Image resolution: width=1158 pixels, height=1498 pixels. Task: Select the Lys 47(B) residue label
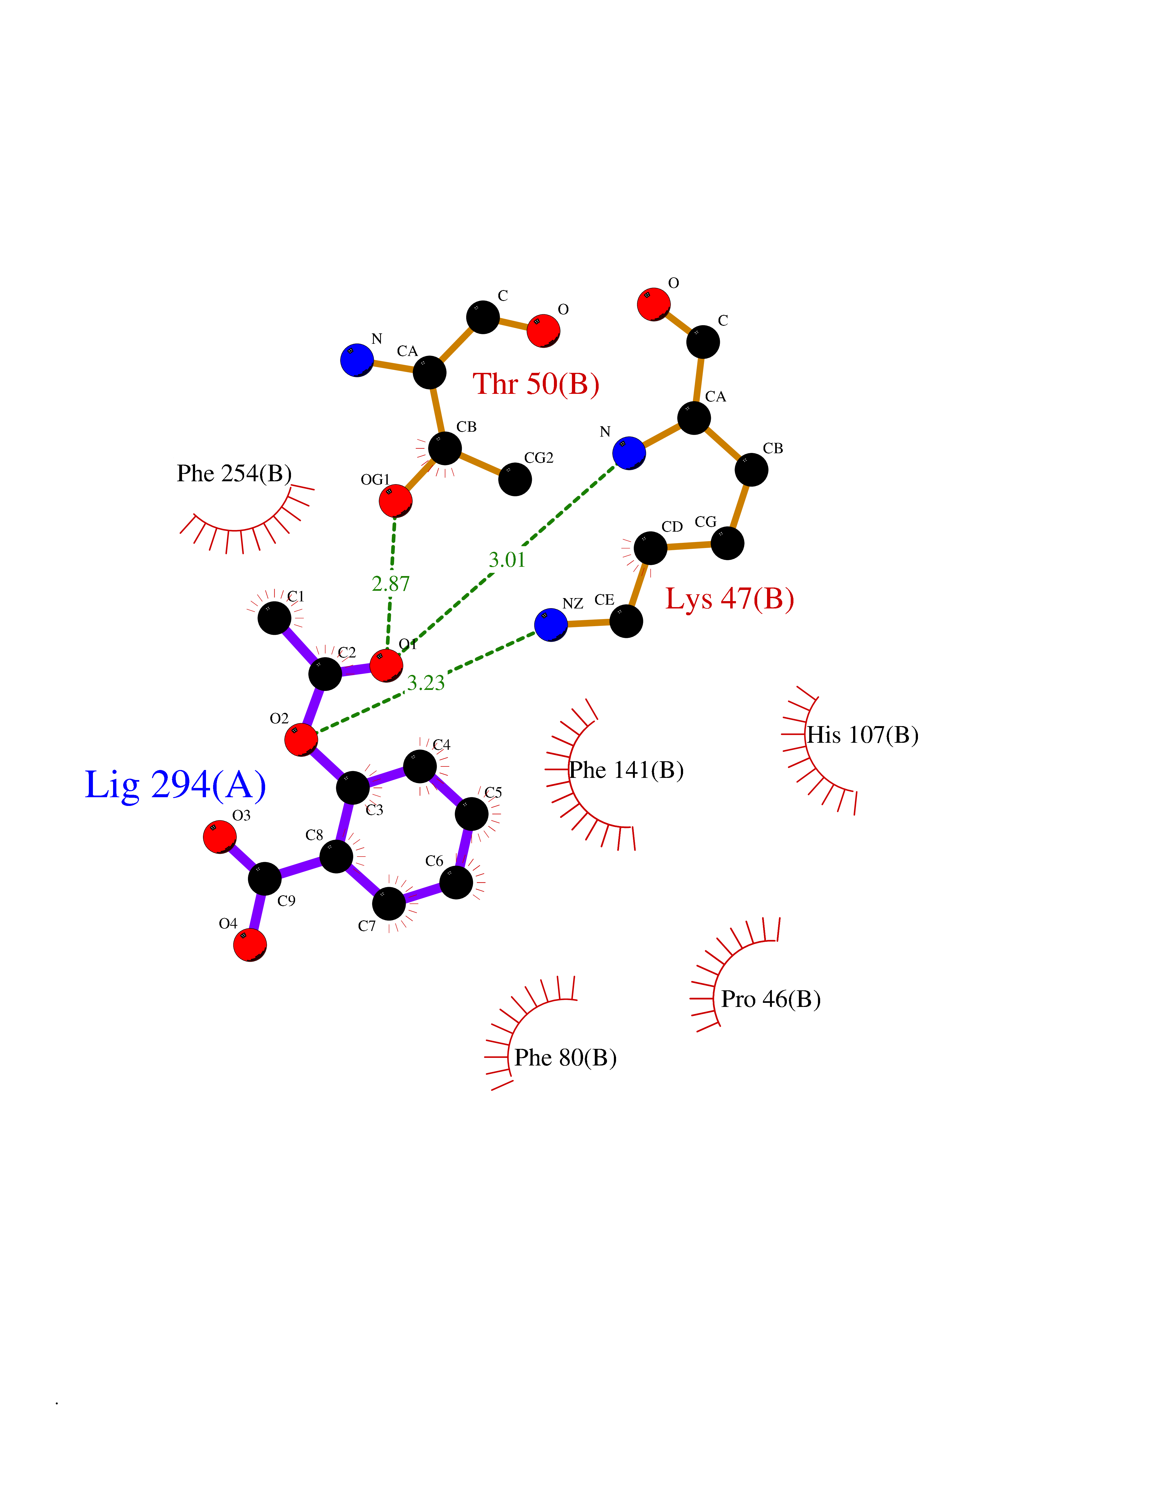coord(729,599)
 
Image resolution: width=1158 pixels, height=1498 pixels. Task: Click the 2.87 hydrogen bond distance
coord(390,584)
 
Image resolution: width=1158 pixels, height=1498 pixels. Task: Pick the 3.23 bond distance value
coord(426,683)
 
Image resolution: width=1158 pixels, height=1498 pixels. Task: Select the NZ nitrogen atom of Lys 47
coord(551,625)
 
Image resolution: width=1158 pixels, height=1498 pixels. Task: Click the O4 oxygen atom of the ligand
coord(250,945)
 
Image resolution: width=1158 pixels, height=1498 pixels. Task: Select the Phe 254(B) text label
coord(234,473)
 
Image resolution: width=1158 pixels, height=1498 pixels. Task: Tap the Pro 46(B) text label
coord(770,999)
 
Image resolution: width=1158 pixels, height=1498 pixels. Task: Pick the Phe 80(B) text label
coord(565,1058)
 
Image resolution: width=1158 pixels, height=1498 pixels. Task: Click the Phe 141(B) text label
coord(626,770)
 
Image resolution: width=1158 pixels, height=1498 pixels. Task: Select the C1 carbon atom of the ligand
coord(274,618)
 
